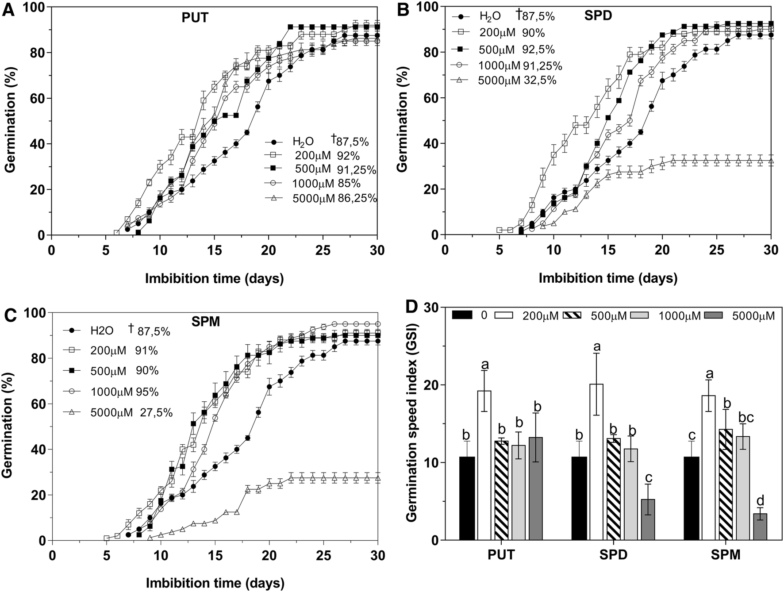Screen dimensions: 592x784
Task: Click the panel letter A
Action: [8, 9]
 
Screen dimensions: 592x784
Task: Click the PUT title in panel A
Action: [195, 18]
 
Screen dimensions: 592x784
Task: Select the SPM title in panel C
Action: [206, 321]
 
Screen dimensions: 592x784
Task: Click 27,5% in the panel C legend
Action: [156, 413]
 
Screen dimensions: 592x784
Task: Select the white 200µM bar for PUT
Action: [484, 465]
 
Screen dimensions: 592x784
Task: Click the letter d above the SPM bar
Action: [760, 501]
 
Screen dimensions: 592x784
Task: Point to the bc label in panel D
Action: [744, 417]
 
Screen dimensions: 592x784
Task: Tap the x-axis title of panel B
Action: [608, 278]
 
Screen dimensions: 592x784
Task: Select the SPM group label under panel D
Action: [726, 555]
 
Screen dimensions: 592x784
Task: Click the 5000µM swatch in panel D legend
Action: [719, 315]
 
